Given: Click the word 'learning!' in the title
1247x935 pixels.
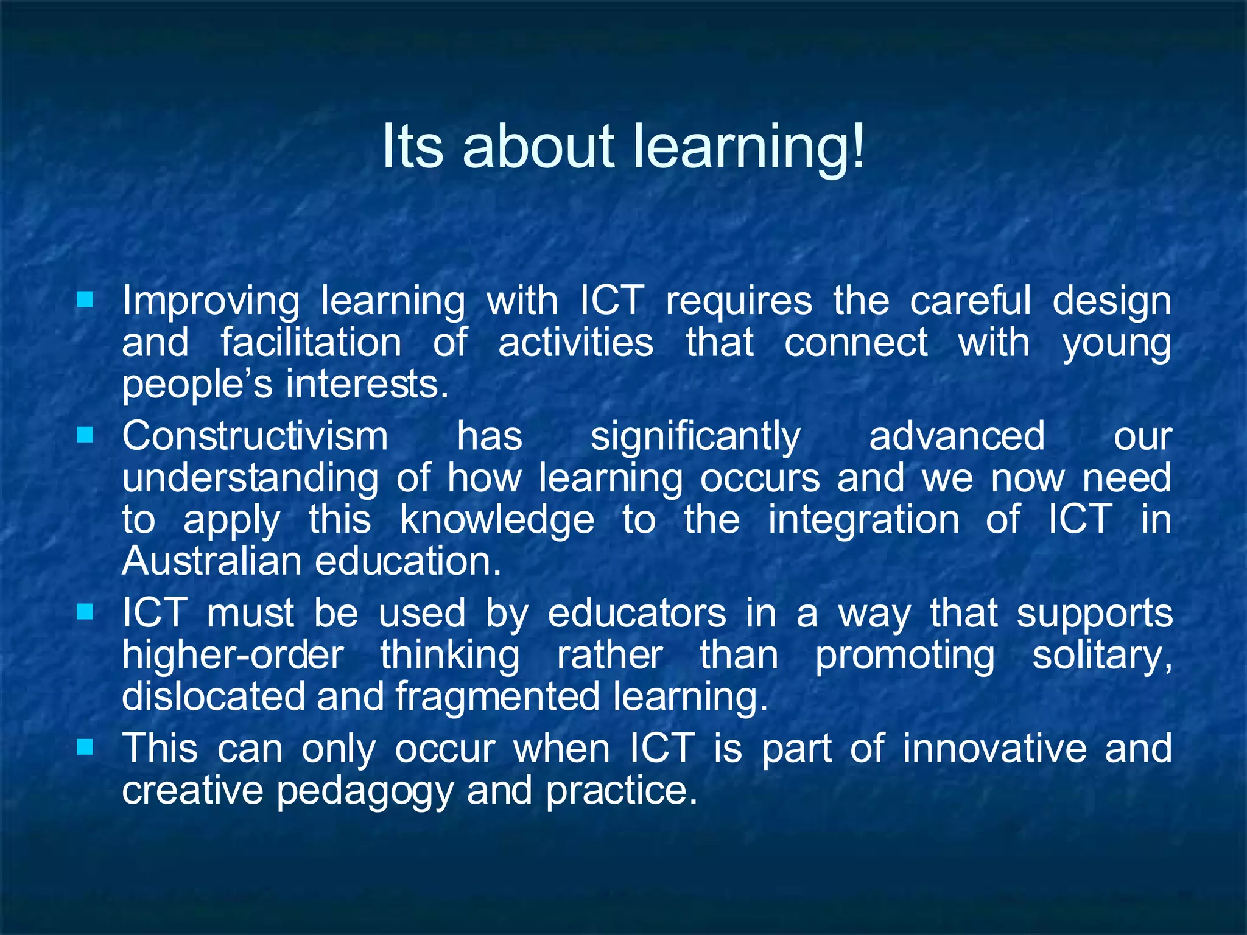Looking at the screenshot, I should (x=749, y=147).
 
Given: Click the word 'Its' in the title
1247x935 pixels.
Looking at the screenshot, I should (x=413, y=147).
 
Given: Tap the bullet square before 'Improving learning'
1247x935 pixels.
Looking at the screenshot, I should (x=85, y=299).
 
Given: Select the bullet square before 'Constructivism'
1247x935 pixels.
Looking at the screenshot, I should (x=85, y=435).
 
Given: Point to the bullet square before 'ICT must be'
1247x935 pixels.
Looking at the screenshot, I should (x=85, y=611).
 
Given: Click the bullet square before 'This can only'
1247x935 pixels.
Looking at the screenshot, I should (x=85, y=746).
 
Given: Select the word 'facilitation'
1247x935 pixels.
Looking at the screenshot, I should (x=311, y=342).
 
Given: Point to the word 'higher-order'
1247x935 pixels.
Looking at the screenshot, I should (x=233, y=655).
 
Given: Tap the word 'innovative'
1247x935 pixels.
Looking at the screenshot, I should (x=994, y=748).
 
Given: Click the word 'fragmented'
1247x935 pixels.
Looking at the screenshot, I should (x=497, y=697).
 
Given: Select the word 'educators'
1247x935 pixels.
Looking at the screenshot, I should (x=637, y=613).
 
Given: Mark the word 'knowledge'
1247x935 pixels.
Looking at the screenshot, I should (x=497, y=521).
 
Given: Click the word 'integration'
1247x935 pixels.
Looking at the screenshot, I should (x=863, y=521).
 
